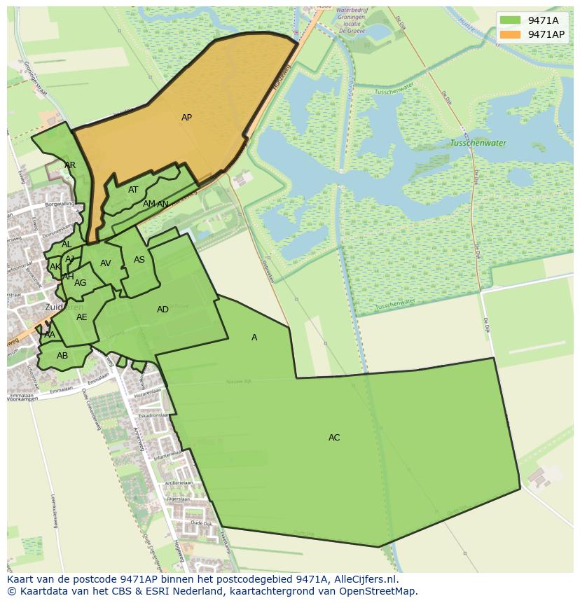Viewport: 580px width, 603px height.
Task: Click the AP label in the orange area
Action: click(x=186, y=118)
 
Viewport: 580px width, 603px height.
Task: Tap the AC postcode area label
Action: click(x=334, y=438)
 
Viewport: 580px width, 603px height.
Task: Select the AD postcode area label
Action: click(x=163, y=310)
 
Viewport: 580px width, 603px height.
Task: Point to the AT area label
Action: click(x=133, y=190)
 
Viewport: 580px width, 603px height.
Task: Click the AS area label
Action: click(x=139, y=260)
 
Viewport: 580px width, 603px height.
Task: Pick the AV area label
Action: click(x=106, y=263)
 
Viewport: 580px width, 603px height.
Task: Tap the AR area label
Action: click(x=70, y=165)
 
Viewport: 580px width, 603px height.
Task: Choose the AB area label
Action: click(x=62, y=356)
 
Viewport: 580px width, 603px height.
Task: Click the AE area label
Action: click(x=82, y=317)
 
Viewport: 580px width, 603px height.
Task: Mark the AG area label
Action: click(x=81, y=283)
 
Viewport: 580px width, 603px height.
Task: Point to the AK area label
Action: click(x=55, y=267)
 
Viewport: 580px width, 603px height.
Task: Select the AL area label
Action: click(x=67, y=244)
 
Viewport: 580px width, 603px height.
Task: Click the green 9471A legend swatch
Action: click(x=510, y=20)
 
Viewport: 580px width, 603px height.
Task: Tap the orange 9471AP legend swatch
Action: click(x=510, y=34)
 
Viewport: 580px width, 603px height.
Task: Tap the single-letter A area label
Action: click(x=254, y=338)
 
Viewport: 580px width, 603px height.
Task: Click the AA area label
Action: click(x=49, y=335)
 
